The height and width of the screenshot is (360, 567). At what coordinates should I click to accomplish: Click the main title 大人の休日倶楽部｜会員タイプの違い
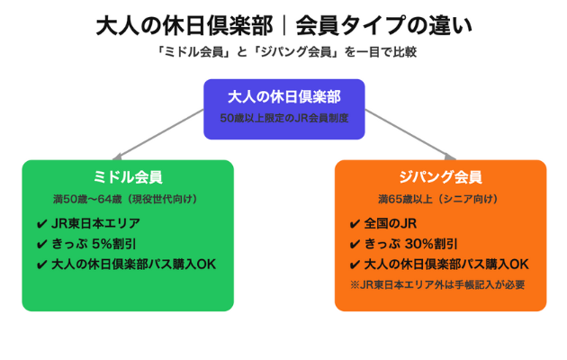coord(283,24)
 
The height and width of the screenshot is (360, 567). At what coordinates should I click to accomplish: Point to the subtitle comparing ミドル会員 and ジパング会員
coord(283,52)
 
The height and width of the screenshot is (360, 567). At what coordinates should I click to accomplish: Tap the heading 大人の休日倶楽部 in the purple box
coord(283,97)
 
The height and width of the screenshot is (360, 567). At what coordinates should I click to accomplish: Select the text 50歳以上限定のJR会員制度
coord(283,117)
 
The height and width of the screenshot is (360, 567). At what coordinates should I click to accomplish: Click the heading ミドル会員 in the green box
coord(128,177)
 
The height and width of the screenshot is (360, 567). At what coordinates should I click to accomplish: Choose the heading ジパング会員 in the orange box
coord(440,177)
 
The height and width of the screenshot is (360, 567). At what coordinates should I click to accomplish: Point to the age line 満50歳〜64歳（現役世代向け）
coord(128,199)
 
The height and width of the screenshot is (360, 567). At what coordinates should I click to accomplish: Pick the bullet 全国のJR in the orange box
coord(397,223)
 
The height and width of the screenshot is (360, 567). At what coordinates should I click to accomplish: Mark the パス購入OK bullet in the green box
coord(134,265)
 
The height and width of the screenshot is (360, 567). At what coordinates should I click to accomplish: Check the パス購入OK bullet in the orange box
coord(446,265)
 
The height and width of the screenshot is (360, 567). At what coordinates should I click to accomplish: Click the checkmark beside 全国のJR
coord(355,223)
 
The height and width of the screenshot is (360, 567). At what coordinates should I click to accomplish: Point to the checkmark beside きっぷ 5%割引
coord(42,244)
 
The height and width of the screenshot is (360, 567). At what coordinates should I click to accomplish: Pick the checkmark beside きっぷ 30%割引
coord(355,244)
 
